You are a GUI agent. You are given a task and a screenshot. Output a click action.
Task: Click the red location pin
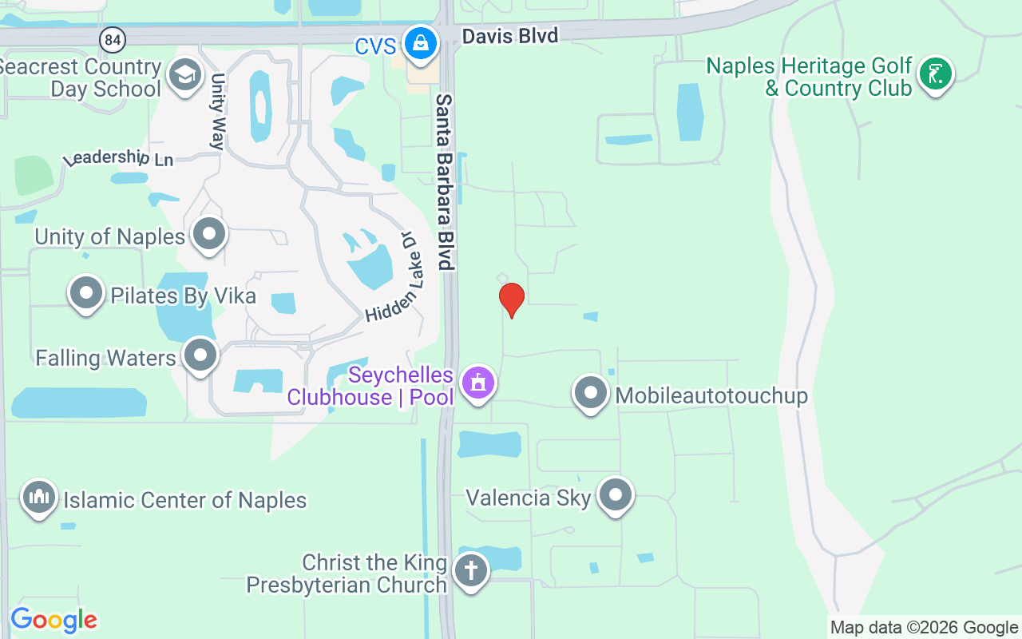[511, 300]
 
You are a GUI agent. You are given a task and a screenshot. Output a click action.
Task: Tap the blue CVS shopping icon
[419, 42]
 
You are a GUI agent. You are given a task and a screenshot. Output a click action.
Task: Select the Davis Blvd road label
[510, 35]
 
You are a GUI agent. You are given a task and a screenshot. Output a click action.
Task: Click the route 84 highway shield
[111, 38]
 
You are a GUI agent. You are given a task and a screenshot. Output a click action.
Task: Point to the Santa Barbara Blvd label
[445, 182]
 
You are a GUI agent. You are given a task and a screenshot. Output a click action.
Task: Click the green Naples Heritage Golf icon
[935, 74]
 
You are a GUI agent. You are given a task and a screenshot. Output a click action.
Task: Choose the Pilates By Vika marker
[86, 293]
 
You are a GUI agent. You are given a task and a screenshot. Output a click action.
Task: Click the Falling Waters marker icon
[200, 355]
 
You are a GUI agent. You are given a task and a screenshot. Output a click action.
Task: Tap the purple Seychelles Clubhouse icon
[477, 383]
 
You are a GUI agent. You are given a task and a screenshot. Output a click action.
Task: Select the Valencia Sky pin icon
[615, 496]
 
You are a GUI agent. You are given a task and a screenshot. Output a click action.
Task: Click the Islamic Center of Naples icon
[38, 498]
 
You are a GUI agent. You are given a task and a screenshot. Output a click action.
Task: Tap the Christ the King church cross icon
[470, 571]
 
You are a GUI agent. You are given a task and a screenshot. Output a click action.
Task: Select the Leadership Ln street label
[119, 158]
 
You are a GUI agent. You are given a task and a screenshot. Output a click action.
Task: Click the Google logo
[53, 620]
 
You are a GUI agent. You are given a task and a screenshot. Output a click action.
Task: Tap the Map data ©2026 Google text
[924, 628]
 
